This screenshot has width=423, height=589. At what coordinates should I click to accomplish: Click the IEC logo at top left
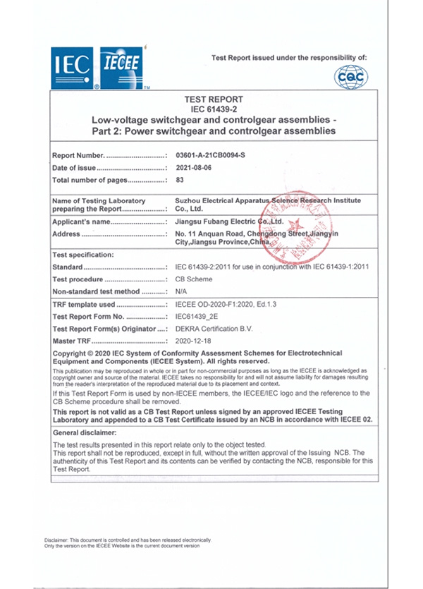[x=72, y=68]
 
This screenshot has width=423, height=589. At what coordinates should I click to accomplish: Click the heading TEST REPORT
[x=213, y=100]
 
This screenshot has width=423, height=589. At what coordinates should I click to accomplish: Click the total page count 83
[x=180, y=181]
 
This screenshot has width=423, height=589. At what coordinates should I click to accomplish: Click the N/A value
[x=180, y=291]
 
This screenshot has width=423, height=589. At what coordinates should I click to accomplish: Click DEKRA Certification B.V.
[x=212, y=329]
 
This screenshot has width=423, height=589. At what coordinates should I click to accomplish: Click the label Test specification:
[x=83, y=255]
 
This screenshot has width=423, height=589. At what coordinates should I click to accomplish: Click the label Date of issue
[x=74, y=168]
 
